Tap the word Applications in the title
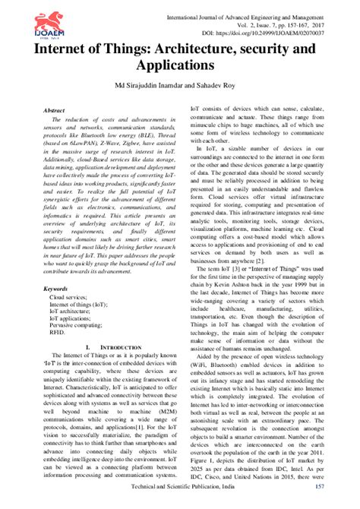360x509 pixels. coord(180,67)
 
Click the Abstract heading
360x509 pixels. coord(56,111)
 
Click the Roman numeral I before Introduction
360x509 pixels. coord(89,346)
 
